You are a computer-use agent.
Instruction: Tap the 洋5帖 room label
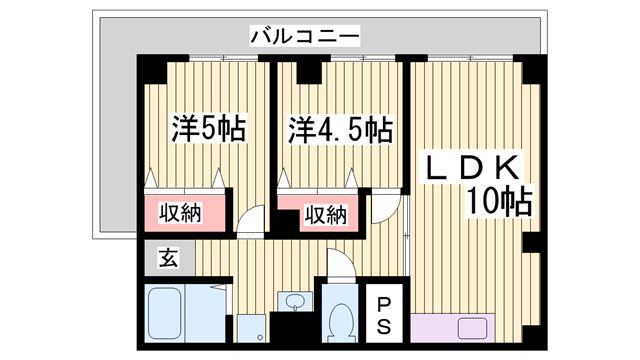(208, 129)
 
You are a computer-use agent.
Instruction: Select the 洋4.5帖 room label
(341, 129)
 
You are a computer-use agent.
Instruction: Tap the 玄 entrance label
(167, 257)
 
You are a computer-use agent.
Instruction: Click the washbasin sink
(294, 301)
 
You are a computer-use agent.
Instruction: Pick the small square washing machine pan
(251, 327)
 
